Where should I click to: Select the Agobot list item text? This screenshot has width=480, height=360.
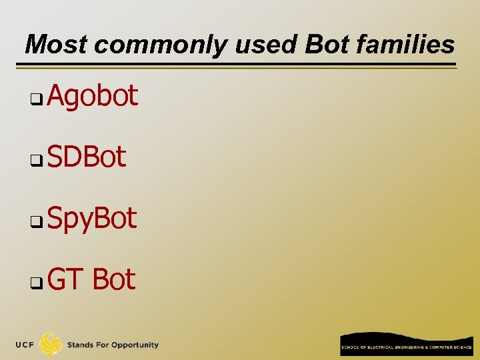[93, 97]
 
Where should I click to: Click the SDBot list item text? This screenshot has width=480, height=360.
[87, 157]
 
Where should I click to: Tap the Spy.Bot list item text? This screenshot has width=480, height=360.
[93, 219]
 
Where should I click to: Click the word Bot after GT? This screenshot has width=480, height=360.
[114, 279]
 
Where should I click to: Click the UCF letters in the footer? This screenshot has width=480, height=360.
[25, 345]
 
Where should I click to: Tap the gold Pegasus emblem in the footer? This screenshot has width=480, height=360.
[51, 344]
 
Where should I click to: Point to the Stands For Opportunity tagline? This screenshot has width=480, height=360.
[113, 345]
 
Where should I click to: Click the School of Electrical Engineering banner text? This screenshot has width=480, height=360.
[405, 347]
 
